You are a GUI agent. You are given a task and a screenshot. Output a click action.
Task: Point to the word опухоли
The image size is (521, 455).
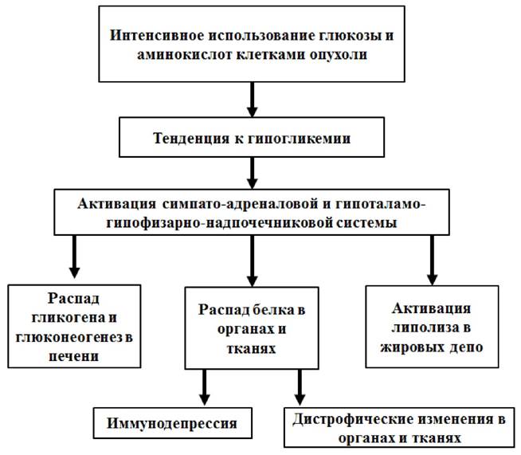[x=339, y=55]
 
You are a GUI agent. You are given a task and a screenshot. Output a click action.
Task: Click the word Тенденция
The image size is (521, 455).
[x=191, y=139]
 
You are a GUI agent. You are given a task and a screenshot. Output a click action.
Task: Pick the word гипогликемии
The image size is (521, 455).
[x=299, y=139]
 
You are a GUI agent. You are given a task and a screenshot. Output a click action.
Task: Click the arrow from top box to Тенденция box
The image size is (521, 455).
[x=253, y=100]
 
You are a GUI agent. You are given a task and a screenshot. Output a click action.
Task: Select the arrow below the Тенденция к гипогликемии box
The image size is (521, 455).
[x=253, y=173]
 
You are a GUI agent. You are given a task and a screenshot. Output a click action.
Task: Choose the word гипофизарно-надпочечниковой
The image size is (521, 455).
[x=219, y=222]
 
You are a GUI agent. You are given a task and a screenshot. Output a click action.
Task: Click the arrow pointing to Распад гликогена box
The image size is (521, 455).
[x=74, y=257]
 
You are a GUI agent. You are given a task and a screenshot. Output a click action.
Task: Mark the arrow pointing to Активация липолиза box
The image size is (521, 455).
[x=432, y=261]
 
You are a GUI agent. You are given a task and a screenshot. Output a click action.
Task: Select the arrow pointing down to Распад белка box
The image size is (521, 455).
[x=253, y=261]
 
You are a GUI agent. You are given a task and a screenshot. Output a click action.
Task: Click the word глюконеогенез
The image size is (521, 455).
[x=69, y=338]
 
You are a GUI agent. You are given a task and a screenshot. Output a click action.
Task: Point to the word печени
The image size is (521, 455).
[x=74, y=357]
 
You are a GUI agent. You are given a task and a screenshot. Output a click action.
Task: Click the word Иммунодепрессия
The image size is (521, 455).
[x=172, y=423]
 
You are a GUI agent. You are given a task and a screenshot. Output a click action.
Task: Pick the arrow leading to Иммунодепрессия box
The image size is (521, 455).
[x=205, y=387]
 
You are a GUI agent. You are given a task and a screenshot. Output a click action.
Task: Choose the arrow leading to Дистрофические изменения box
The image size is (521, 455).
[x=300, y=387]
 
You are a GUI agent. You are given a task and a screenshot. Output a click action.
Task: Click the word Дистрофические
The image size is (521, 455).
[x=353, y=419]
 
